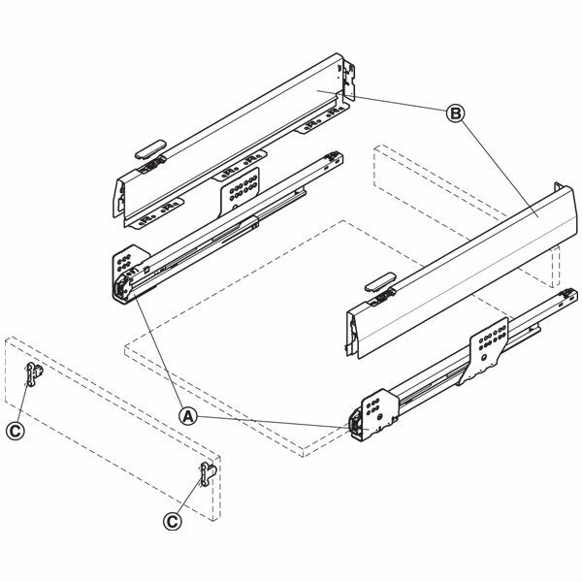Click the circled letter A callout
click(188, 416)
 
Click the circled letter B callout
click(455, 113)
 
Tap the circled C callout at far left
click(16, 431)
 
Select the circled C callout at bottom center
click(173, 521)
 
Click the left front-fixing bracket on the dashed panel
click(35, 374)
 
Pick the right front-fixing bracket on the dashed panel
click(209, 474)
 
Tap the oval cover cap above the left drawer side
click(150, 148)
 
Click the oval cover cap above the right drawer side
click(380, 281)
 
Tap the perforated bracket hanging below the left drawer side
click(240, 190)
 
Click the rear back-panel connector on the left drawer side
click(348, 81)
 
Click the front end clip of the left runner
click(122, 289)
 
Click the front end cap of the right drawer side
click(354, 333)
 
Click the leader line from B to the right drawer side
click(500, 170)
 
